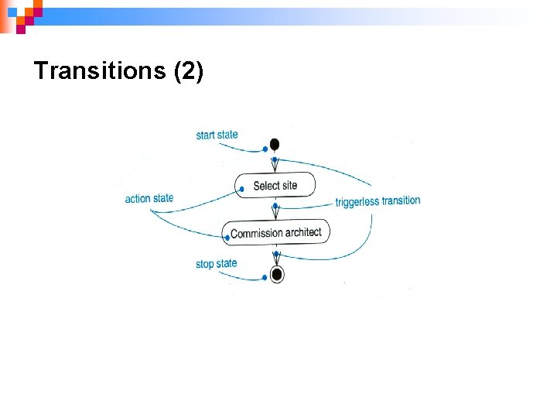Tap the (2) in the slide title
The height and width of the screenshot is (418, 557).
(189, 71)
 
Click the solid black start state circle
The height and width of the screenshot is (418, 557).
(274, 144)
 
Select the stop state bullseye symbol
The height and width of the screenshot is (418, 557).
(276, 274)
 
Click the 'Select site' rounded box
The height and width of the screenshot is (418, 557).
(275, 186)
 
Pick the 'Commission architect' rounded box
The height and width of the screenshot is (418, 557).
(276, 232)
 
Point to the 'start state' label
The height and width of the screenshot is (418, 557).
(217, 135)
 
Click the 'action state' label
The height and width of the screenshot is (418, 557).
(149, 198)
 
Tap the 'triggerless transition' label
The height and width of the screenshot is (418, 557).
(378, 201)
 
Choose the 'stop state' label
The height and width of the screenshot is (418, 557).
(216, 264)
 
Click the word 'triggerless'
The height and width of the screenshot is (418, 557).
(357, 202)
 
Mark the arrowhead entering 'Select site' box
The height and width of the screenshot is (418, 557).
(275, 167)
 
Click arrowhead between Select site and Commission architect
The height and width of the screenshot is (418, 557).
(275, 214)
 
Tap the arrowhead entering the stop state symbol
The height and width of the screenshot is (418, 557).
(276, 261)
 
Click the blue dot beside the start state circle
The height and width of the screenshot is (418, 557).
(265, 149)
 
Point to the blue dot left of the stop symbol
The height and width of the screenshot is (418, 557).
(264, 277)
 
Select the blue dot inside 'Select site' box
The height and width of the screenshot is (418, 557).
(242, 188)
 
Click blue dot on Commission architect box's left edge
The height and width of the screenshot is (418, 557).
(227, 237)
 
